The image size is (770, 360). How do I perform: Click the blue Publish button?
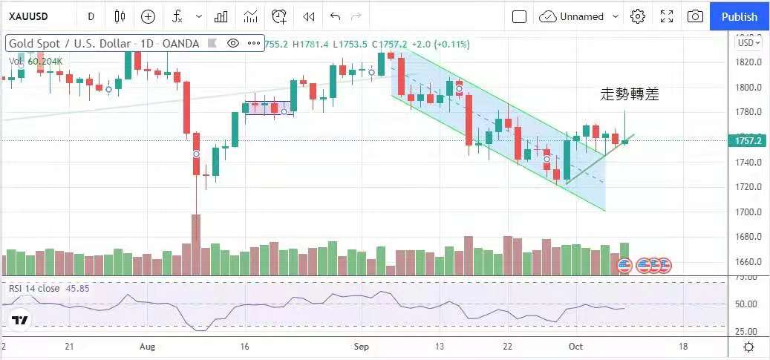click(740, 16)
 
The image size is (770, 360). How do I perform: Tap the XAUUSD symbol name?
click(30, 16)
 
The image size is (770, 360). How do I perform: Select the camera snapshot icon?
click(695, 16)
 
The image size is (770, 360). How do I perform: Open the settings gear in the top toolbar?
click(637, 16)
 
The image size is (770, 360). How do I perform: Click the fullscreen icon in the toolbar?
click(667, 16)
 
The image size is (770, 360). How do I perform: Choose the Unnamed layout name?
click(581, 16)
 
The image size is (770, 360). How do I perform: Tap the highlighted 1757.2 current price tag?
click(748, 140)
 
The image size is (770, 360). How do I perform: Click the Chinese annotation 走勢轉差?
click(629, 94)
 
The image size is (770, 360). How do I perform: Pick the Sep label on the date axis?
click(362, 347)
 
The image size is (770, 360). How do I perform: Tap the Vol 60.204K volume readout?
click(36, 61)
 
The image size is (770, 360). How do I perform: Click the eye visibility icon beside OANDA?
click(233, 44)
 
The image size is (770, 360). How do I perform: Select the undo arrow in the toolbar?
click(335, 16)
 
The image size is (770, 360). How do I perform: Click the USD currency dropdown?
click(747, 42)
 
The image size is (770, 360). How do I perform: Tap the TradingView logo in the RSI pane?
click(20, 321)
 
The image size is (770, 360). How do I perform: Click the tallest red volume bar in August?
click(196, 245)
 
